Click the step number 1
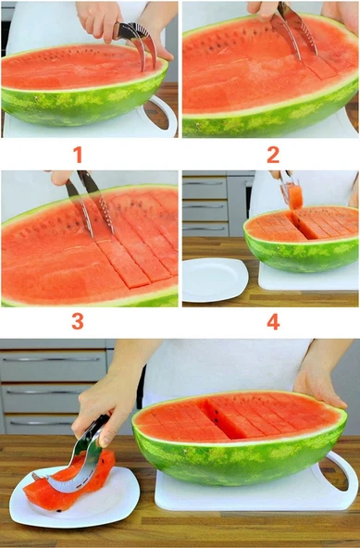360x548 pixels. (78, 155)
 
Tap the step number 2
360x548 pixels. (273, 155)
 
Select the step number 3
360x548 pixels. (78, 321)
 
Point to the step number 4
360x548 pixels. (273, 321)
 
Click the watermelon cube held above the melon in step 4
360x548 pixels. (296, 197)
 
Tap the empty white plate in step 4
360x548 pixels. (215, 280)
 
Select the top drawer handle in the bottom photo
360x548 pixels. (53, 359)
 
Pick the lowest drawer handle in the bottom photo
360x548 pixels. (42, 424)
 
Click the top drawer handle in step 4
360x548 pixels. (205, 182)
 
